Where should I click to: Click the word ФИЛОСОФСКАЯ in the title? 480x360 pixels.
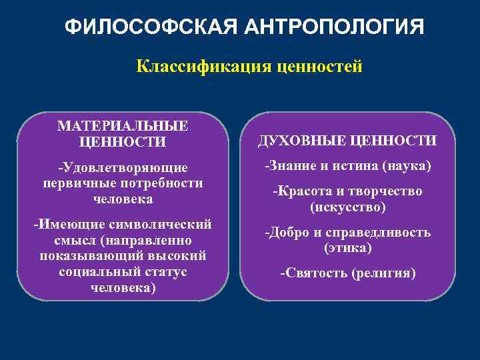[x=151, y=28]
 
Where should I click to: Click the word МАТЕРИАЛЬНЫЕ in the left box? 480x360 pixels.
[x=123, y=127]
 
